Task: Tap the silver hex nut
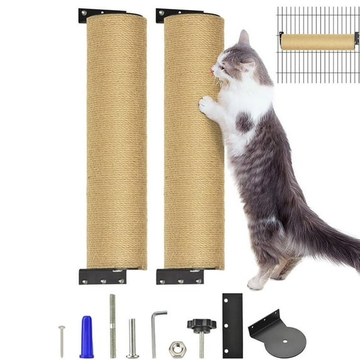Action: (x=177, y=347)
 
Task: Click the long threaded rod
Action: (x=112, y=325)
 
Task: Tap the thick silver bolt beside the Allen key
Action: (x=133, y=338)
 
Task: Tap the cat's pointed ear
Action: (x=243, y=38)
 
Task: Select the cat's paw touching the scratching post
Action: (x=206, y=104)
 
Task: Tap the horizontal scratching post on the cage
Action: (x=317, y=41)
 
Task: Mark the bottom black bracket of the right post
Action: (x=180, y=276)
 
